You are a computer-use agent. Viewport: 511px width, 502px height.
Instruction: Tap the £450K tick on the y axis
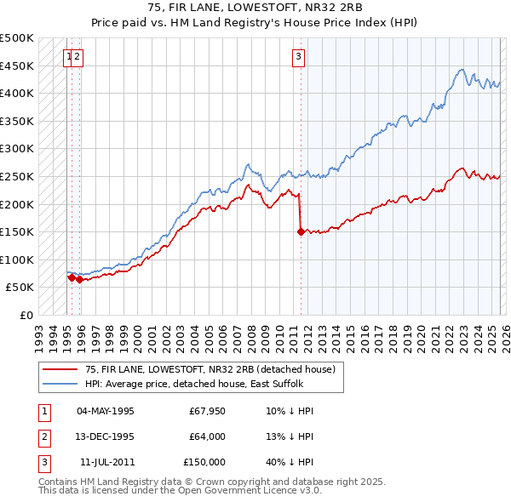tap(17, 66)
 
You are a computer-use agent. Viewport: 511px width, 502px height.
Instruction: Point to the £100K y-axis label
tap(17, 260)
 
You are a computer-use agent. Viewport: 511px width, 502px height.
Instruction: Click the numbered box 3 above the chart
tap(299, 57)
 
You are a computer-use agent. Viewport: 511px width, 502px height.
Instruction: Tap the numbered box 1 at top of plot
tap(67, 57)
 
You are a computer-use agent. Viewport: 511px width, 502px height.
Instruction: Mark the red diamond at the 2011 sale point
tap(301, 231)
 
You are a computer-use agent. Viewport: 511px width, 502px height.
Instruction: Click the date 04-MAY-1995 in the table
tap(106, 411)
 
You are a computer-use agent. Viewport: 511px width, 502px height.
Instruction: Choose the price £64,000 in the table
tap(207, 436)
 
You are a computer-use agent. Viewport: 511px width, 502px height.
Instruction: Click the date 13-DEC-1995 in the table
tap(106, 436)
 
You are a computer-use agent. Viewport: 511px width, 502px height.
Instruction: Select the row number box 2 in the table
tap(42, 436)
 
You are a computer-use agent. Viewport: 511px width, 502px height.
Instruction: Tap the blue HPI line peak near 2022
tap(460, 70)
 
